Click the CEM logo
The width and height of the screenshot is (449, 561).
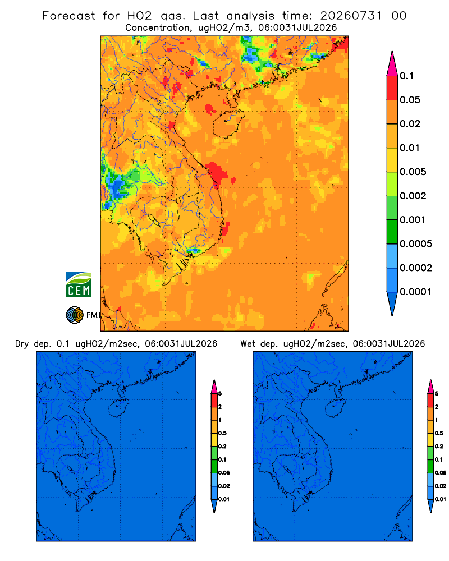coord(79,285)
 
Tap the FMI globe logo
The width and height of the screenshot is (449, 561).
coord(75,315)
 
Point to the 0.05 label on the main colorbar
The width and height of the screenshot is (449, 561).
coord(410,100)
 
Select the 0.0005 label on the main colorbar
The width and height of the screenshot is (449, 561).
coord(416,244)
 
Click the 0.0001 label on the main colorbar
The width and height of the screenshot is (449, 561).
coord(416,292)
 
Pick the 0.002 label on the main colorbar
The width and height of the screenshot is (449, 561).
coord(413,196)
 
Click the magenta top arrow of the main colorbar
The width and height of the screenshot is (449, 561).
coord(392,64)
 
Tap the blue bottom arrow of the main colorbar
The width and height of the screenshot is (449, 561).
coord(392,304)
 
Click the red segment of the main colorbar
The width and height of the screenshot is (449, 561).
coord(392,88)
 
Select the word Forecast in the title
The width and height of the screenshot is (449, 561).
coord(68,16)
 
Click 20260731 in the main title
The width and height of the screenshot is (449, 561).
coord(351,16)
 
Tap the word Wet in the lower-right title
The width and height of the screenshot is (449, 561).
coord(248,344)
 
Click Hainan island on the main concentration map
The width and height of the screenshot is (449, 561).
coord(228,124)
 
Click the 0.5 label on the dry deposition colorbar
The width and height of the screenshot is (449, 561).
coord(222,433)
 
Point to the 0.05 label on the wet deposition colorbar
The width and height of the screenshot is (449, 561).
coord(441,473)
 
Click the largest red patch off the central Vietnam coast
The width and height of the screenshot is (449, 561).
coord(217,172)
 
